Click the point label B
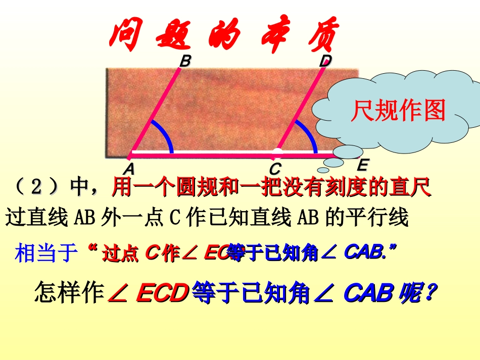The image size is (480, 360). coord(185,62)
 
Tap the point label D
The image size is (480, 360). coord(325,62)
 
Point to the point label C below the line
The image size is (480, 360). coord(275,168)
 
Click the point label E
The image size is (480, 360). coord(362,166)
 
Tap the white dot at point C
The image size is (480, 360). coord(277,152)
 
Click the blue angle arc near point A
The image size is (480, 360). coord(165,134)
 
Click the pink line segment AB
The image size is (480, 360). coord(155,111)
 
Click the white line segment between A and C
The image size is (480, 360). coord(202,152)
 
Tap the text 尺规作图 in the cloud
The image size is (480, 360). coord(398,110)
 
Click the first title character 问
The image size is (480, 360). coord(124,35)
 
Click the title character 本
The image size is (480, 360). coord(273,35)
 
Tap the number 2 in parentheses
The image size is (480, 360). coord(36,188)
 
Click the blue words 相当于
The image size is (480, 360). coord(48,252)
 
